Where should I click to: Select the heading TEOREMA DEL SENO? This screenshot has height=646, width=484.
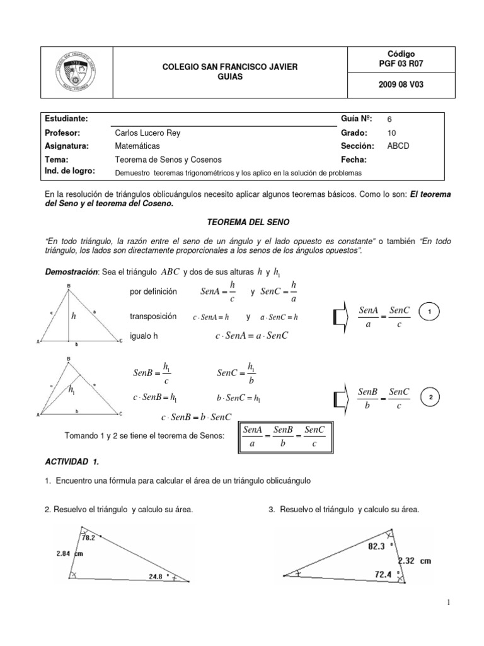point(241,223)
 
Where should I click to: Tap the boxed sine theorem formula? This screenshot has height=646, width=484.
point(284,437)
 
